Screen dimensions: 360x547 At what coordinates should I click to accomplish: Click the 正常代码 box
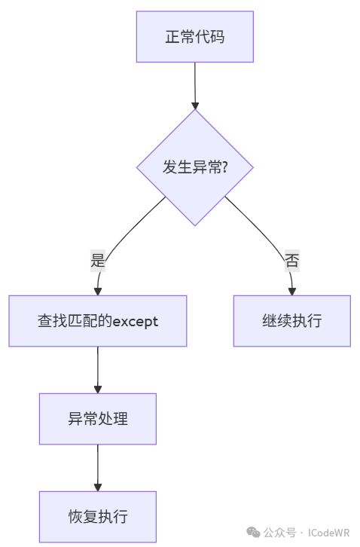pos(194,37)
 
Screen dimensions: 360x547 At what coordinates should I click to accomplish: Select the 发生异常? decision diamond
pos(194,167)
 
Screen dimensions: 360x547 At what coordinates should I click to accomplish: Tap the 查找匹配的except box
pos(98,321)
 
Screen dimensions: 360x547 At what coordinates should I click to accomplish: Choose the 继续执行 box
pos(292,321)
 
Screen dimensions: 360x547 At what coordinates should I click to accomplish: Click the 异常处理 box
pos(98,419)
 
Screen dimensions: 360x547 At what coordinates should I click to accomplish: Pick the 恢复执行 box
pos(98,517)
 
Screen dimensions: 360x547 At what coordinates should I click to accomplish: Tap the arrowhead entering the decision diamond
pos(195,105)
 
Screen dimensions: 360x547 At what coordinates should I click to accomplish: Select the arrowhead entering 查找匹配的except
pos(98,292)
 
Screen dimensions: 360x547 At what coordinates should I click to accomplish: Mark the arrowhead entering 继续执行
pos(292,292)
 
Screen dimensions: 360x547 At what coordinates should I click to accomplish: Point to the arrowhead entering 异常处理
pos(98,390)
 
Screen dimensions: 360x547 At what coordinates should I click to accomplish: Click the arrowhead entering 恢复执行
pos(98,487)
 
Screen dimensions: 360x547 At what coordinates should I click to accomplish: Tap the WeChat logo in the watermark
pos(253,533)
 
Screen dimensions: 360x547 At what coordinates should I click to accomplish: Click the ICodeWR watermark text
pos(328,533)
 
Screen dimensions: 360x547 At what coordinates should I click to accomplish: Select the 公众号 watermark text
pos(279,533)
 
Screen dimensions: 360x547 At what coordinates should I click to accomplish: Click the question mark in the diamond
pos(224,167)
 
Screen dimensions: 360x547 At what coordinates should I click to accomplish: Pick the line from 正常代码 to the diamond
pos(195,82)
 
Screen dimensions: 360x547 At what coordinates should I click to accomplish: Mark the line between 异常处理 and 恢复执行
pos(98,464)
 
